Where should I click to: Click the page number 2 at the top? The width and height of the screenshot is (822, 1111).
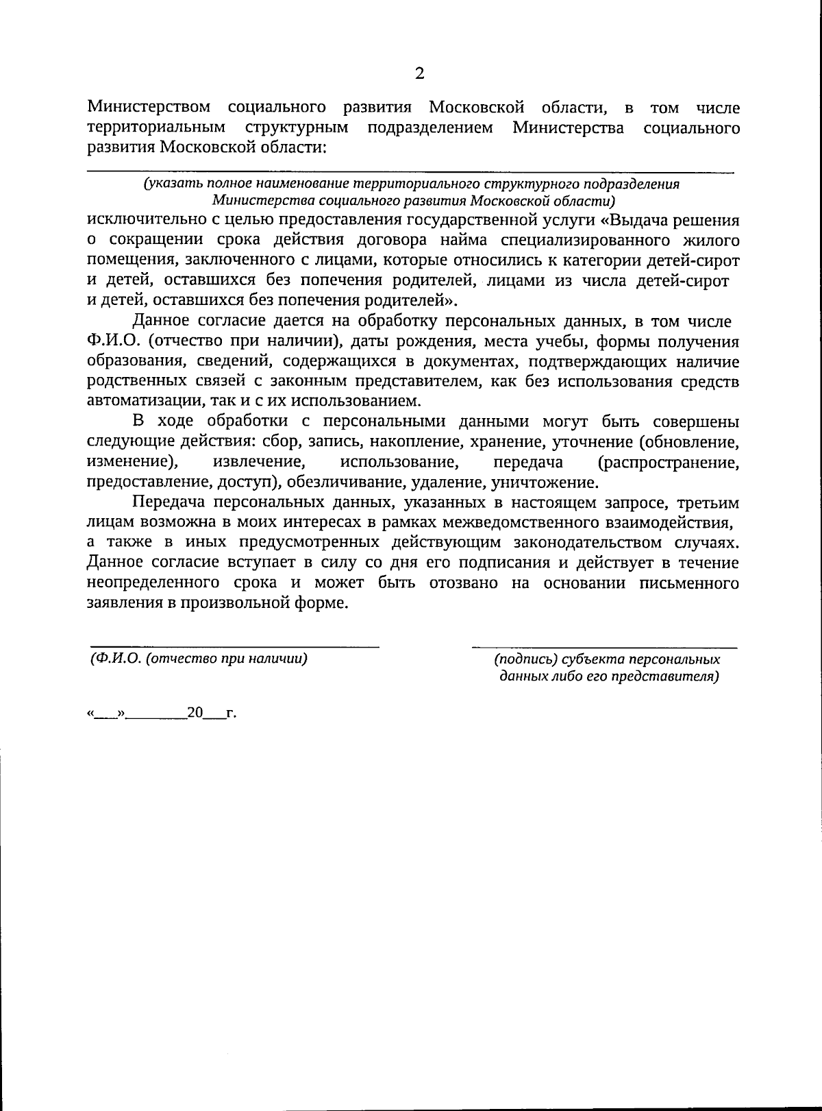coord(419,74)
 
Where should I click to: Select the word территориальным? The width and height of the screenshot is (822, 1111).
coord(156,127)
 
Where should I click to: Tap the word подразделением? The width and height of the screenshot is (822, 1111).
coord(430,127)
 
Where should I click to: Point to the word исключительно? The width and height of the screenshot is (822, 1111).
coord(150,221)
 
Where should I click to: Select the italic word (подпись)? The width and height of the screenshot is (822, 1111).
coord(525,660)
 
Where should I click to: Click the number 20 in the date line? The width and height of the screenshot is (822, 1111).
coord(195,713)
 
